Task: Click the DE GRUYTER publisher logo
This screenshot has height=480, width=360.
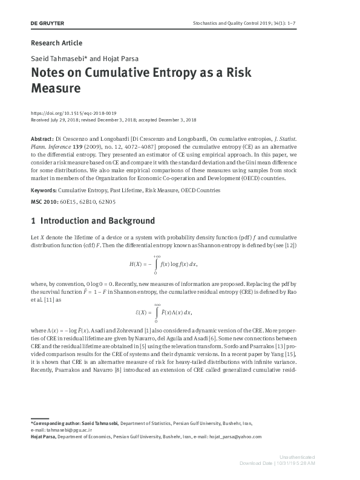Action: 47,23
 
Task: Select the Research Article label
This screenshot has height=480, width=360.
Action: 56,43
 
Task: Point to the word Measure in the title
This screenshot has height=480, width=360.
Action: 55,88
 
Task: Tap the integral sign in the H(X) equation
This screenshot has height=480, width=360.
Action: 156,265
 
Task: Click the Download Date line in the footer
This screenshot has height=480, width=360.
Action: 277,463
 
